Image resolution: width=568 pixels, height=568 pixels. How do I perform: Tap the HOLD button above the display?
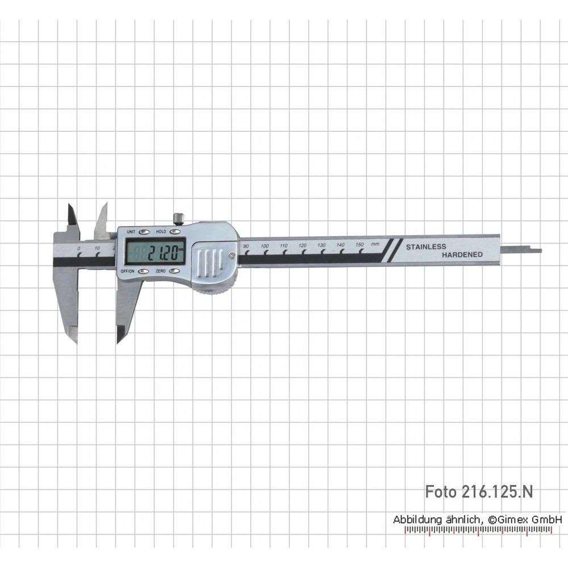pos(176,232)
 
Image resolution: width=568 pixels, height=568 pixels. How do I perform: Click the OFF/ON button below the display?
pos(144,272)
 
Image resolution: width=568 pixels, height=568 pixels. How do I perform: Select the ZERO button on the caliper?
pos(174,272)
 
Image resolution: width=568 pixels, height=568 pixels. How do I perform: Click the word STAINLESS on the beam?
pos(426,247)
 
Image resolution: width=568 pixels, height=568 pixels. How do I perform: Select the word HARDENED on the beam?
pos(462,254)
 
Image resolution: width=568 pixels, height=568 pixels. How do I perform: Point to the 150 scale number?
pos(360,244)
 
